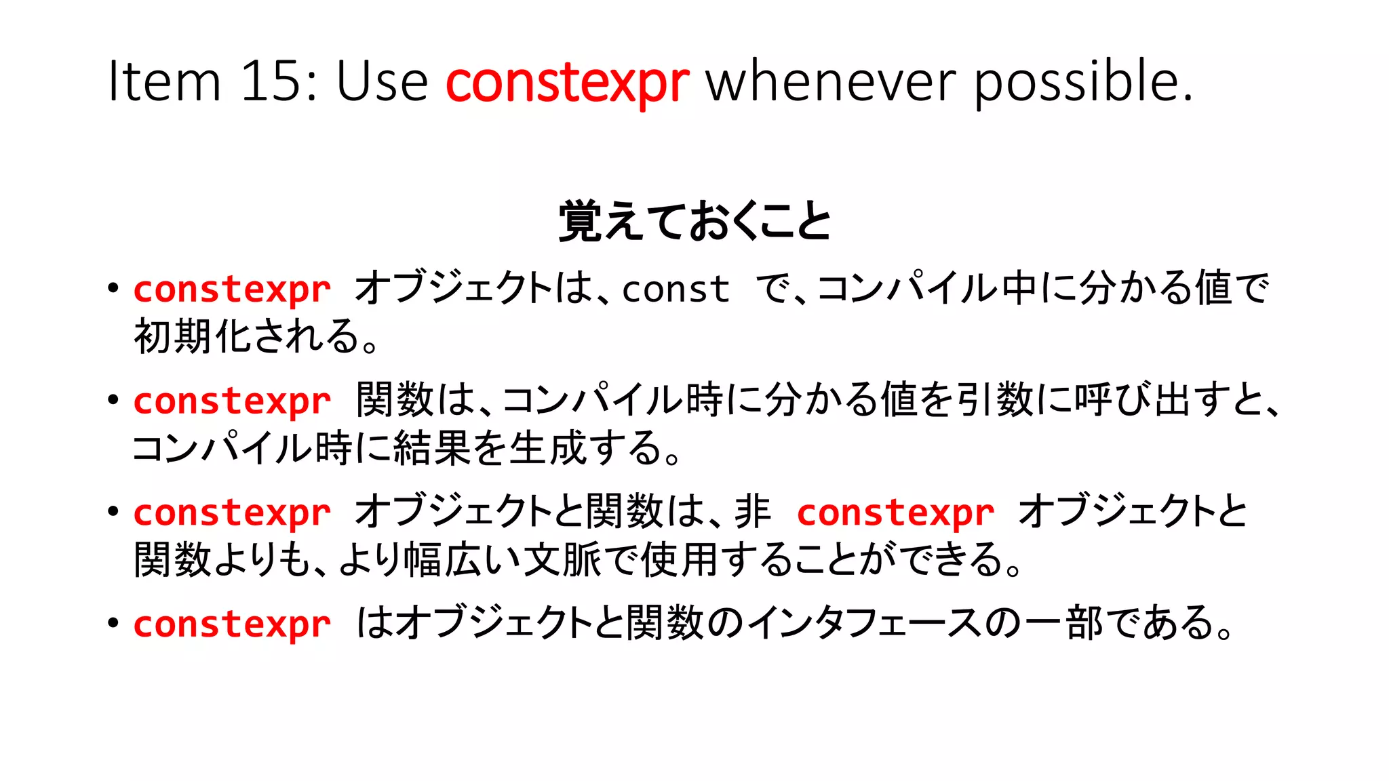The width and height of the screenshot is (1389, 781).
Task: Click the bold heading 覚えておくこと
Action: click(694, 222)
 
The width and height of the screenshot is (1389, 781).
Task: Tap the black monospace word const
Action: click(676, 289)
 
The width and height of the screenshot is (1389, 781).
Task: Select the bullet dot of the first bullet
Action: click(113, 287)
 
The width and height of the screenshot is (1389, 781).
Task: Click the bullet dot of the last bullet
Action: click(113, 622)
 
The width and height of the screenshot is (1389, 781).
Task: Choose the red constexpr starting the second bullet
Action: click(232, 401)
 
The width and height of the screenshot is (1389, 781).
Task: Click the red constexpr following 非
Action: click(895, 513)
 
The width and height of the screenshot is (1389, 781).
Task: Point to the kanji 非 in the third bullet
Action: click(753, 511)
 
